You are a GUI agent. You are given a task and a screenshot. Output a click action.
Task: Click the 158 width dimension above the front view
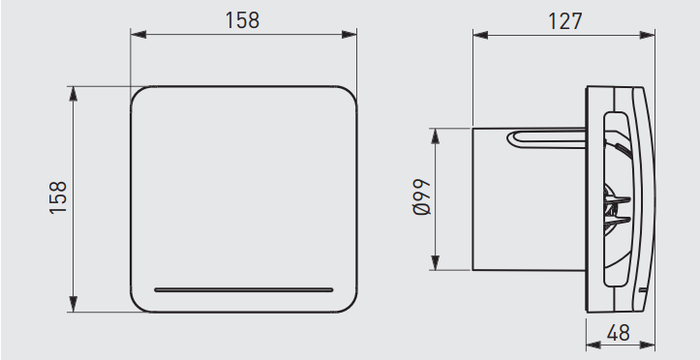click(x=242, y=20)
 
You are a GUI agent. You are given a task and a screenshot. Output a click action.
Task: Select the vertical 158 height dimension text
click(x=58, y=197)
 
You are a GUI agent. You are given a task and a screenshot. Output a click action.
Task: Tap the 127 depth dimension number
click(x=564, y=21)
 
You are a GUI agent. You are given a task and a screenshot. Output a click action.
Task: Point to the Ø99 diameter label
click(x=422, y=197)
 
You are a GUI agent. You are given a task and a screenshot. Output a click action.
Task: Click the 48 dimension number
click(x=619, y=333)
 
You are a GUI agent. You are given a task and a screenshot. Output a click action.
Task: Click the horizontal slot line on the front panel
click(x=244, y=290)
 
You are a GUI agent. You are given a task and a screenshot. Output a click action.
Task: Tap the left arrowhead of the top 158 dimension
click(x=138, y=34)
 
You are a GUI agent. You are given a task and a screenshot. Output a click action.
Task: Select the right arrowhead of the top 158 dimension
click(x=350, y=34)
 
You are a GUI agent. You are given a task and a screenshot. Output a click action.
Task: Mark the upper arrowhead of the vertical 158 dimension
click(x=74, y=94)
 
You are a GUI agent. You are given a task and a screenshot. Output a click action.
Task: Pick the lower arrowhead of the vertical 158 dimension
click(x=74, y=304)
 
